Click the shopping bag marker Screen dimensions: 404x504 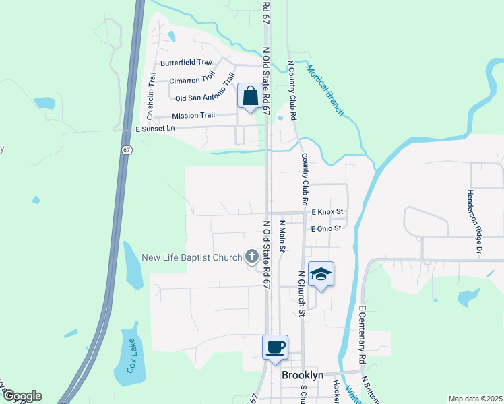250,96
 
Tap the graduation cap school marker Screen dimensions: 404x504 321,275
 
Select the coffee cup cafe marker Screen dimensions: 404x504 275,348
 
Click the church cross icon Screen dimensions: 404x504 252,256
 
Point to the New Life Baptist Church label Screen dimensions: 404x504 191,257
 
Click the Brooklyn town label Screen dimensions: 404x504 303,375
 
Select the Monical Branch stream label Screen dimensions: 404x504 325,90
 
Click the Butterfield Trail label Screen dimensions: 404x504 186,63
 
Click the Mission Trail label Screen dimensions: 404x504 193,115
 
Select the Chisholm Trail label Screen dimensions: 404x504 150,94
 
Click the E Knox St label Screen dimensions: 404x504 327,211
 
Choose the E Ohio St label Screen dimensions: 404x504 327,228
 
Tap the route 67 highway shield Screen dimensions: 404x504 127,150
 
